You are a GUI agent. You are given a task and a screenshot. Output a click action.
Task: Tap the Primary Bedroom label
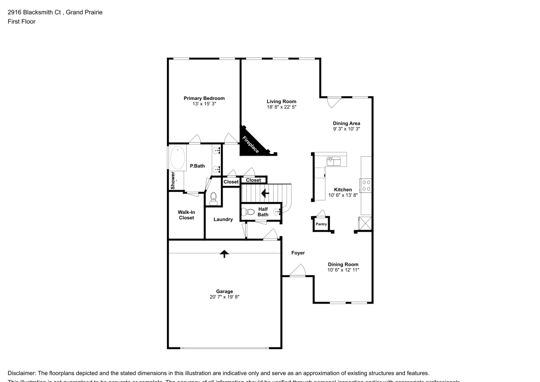point(204,98)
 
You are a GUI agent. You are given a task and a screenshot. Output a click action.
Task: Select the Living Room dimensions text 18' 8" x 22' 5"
point(281,108)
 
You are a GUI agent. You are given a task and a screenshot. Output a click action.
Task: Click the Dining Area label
point(346,123)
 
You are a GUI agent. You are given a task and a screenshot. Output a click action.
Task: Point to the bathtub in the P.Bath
point(177,158)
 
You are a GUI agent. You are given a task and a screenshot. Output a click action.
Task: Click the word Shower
point(173,180)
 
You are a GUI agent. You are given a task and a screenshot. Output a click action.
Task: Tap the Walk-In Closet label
point(186,215)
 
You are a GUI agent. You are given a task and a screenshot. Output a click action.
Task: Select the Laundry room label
point(223,219)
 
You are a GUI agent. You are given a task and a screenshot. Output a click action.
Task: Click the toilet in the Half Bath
point(249,212)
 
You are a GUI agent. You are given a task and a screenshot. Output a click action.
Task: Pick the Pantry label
point(321,224)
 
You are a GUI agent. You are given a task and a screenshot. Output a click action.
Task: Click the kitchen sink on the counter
point(334,160)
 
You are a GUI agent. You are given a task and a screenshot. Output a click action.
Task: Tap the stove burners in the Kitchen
point(366,185)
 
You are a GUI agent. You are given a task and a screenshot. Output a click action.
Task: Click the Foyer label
point(298,253)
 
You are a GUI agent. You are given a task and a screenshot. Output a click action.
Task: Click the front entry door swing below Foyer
point(298,270)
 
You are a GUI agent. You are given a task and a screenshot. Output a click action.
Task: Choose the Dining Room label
point(343,264)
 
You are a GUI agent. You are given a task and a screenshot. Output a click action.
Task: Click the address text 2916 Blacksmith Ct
point(33,12)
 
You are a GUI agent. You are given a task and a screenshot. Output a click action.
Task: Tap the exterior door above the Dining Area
point(334,101)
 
